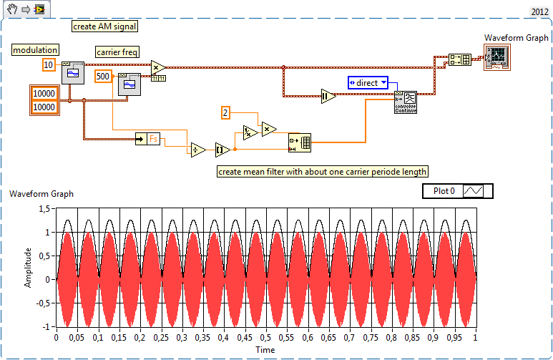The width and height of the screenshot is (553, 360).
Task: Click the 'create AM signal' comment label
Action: tap(104, 26)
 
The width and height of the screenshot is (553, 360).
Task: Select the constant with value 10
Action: tap(49, 65)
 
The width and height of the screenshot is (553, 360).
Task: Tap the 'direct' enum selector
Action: tap(368, 83)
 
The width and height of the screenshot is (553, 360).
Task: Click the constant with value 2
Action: tap(225, 113)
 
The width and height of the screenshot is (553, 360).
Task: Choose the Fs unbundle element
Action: tap(152, 140)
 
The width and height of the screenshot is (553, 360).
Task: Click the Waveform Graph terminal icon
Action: tap(496, 57)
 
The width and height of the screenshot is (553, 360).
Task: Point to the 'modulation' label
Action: tap(35, 50)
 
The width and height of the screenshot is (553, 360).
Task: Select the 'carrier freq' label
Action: tap(117, 52)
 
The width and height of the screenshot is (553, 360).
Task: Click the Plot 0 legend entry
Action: tap(458, 191)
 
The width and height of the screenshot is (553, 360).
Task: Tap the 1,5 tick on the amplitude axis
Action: tap(46, 208)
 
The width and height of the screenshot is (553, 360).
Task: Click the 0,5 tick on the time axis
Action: tap(265, 336)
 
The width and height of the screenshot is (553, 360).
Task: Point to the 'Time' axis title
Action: tap(265, 349)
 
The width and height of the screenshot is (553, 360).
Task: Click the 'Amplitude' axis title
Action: tap(28, 267)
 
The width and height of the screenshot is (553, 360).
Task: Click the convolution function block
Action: tap(406, 102)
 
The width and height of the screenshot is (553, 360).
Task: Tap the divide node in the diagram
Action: tap(197, 150)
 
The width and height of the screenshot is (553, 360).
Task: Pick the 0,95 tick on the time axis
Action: tap(454, 336)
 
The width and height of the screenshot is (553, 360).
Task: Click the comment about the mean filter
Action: tap(323, 172)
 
